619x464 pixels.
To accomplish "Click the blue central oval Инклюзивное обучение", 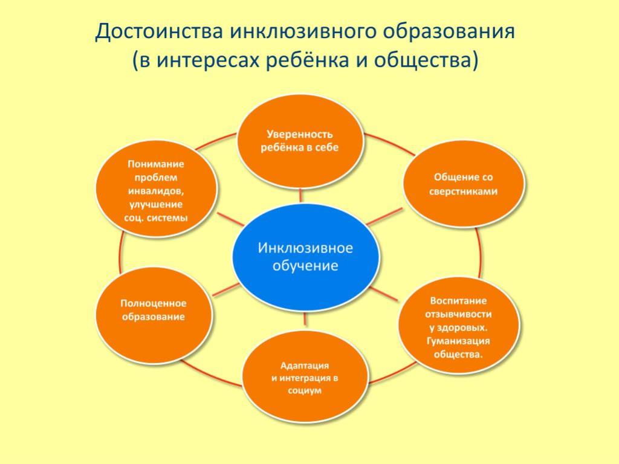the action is (x=305, y=257).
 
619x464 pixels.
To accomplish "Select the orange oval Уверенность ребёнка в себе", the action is (x=300, y=141).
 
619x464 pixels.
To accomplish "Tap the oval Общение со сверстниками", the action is (x=464, y=184).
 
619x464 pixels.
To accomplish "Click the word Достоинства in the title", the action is (x=159, y=31).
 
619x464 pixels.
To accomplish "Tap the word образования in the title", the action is (x=449, y=31).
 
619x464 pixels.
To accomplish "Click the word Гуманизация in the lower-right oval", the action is (x=458, y=341).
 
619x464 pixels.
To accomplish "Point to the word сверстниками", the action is (x=464, y=192).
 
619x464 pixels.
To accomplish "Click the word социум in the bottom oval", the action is (x=305, y=391).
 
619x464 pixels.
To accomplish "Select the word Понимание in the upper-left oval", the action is (x=156, y=164).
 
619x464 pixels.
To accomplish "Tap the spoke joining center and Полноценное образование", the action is (x=226, y=289).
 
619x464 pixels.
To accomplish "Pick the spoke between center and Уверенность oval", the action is (x=301, y=195).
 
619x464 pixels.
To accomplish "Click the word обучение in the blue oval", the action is (x=305, y=266).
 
